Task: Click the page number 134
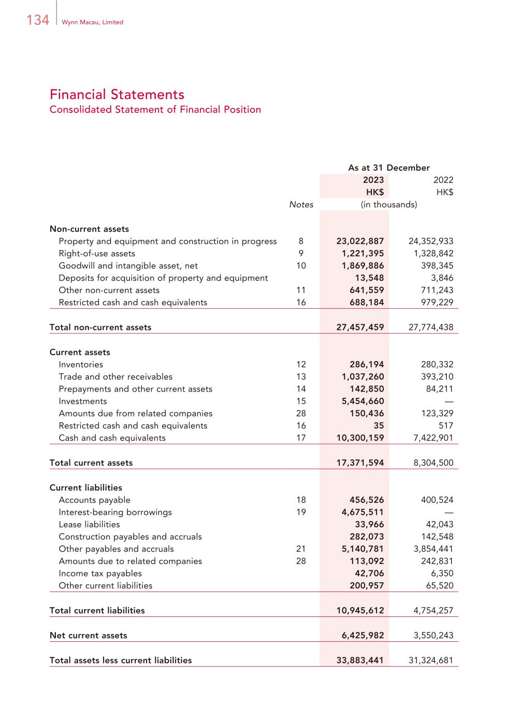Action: [x=38, y=20]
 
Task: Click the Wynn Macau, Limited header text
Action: [x=92, y=22]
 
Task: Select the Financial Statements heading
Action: [x=117, y=94]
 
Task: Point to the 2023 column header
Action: [x=373, y=180]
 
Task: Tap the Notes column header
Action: [x=301, y=205]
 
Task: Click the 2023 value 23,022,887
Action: [x=360, y=241]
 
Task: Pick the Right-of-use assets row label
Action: [x=97, y=253]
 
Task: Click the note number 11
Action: [x=301, y=290]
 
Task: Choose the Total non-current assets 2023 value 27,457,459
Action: [x=360, y=327]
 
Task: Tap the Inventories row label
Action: [x=81, y=365]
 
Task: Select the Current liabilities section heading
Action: [x=86, y=488]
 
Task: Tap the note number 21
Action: [x=301, y=549]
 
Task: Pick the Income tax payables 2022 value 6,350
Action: [x=441, y=573]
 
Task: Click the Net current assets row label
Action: [x=88, y=636]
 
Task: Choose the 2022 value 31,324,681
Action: [x=431, y=660]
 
